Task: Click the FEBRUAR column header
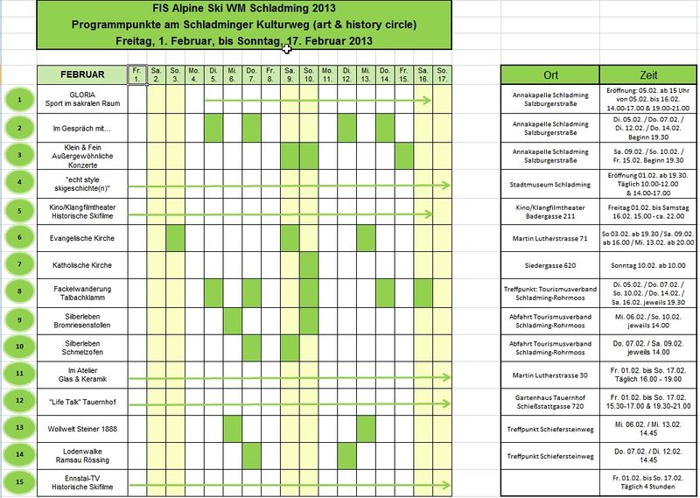83,74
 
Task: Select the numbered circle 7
18,264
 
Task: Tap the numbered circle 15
18,481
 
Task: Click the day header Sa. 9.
290,74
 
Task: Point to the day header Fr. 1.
137,74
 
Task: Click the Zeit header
649,74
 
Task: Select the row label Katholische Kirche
83,264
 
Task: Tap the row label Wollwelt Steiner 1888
83,427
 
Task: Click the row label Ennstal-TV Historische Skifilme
83,481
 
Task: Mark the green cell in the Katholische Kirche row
308,264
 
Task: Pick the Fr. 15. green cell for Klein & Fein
403,156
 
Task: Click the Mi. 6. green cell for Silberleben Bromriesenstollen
233,319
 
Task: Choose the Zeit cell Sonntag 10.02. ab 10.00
649,264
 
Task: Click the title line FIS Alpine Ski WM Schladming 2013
243,9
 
